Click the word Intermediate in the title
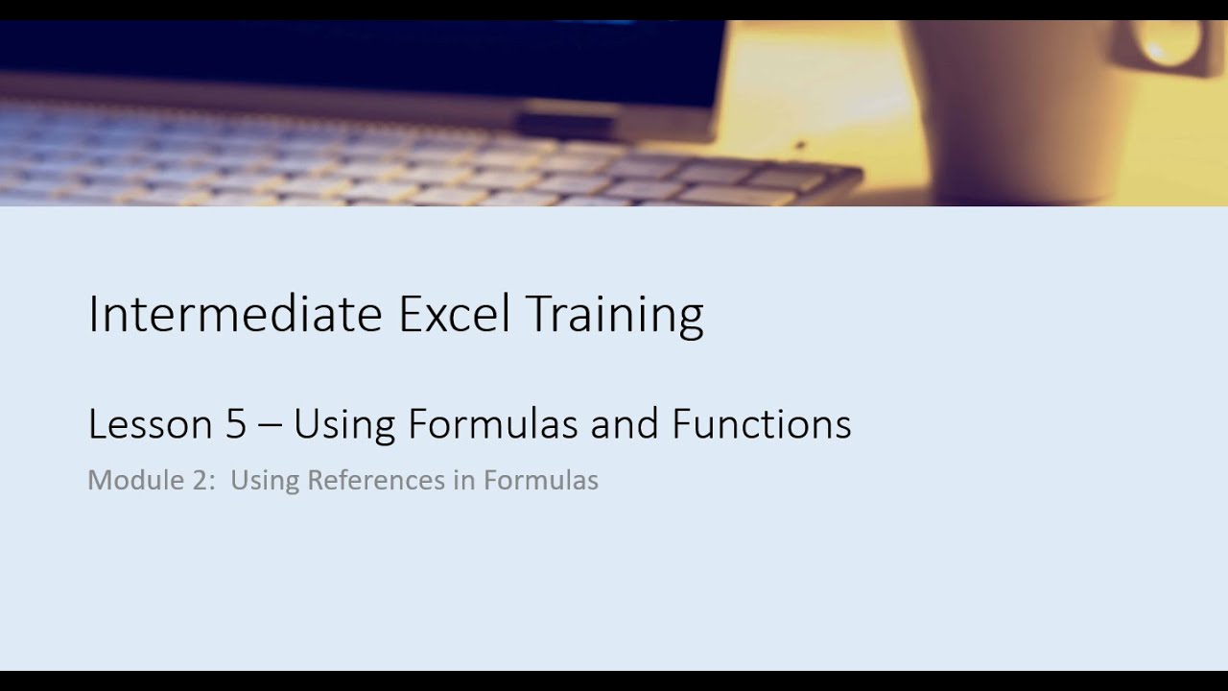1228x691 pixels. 235,314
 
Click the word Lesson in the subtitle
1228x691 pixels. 150,424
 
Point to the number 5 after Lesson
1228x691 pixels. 236,424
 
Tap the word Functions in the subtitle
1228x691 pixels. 761,424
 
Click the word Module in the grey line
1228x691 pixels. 131,480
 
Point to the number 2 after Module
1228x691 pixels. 202,480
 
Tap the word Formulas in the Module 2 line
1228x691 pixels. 540,480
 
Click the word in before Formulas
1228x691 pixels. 464,480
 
